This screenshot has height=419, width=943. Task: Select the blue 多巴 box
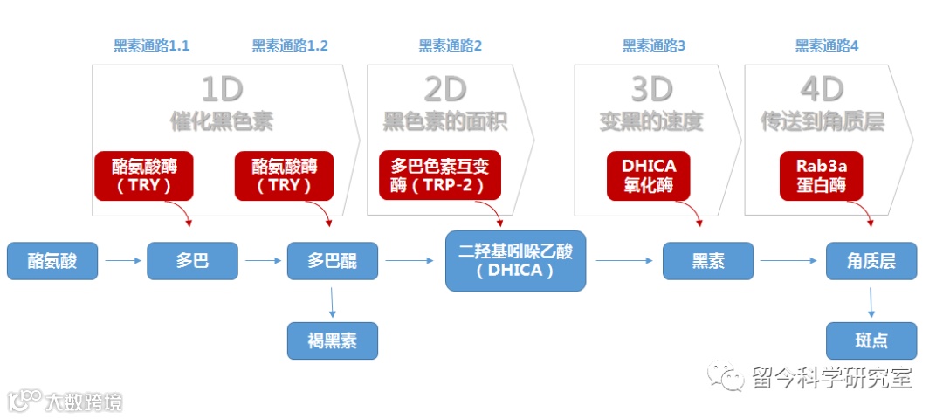(x=192, y=261)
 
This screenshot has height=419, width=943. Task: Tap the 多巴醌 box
(x=333, y=261)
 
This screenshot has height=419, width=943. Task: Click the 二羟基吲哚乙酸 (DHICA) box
(x=515, y=260)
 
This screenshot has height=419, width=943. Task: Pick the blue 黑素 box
(x=708, y=261)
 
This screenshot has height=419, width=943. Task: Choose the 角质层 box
(x=871, y=261)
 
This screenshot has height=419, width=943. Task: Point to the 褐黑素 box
(x=333, y=340)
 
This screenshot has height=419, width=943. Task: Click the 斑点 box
(x=871, y=340)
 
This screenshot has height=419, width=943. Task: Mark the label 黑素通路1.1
(x=152, y=46)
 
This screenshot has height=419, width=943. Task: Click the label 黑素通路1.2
(x=290, y=46)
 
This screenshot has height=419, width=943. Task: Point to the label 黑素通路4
(x=827, y=46)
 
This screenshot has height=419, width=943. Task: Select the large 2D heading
(x=444, y=89)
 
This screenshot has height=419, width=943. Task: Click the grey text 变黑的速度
(x=651, y=121)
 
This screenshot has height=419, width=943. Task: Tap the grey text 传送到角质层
(x=822, y=121)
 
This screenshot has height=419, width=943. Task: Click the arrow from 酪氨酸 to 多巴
(x=121, y=260)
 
